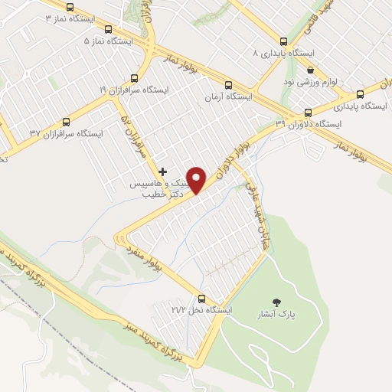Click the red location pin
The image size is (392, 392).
197,179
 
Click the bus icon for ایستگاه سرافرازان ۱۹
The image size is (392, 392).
135,78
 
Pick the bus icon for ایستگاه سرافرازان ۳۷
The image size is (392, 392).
66,121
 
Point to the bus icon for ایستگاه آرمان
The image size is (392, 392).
228,85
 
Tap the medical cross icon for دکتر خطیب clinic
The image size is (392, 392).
162,171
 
